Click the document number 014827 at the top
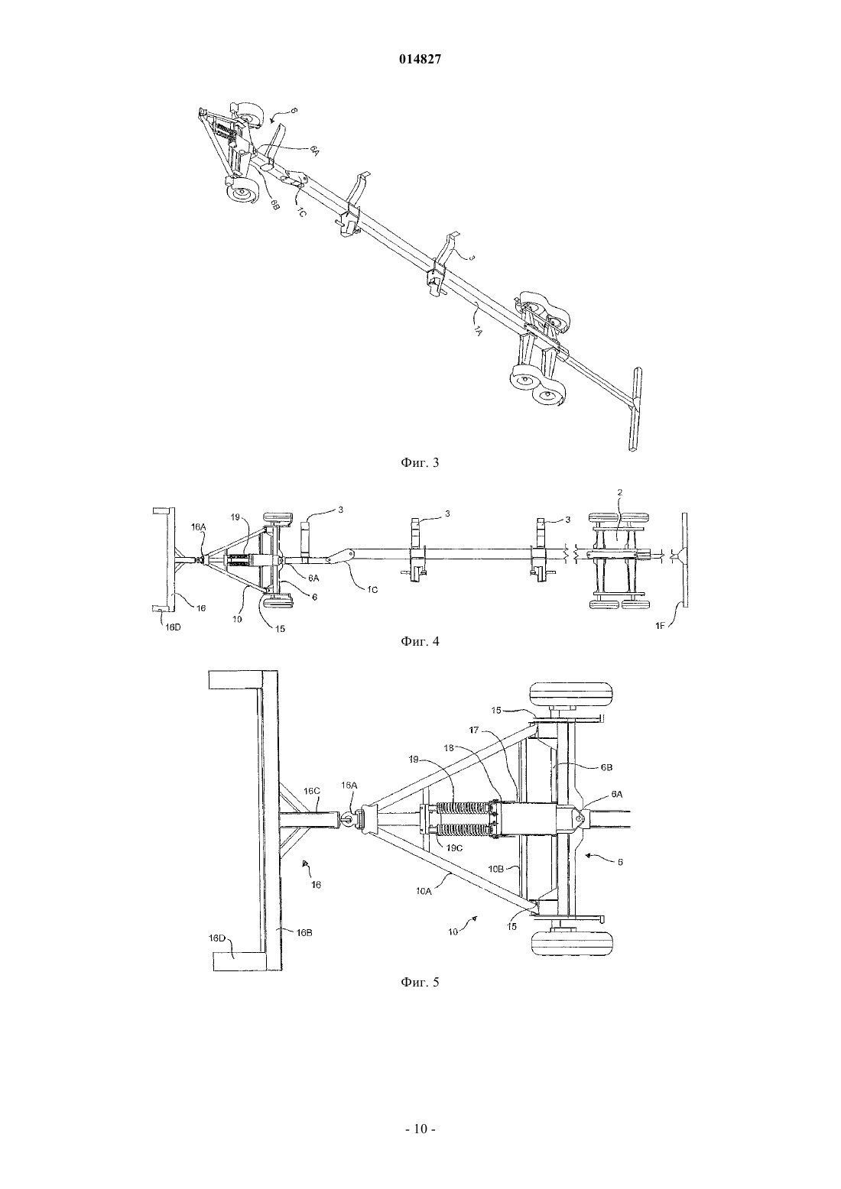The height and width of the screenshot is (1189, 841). coord(420,60)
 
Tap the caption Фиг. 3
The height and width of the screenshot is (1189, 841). coord(420,462)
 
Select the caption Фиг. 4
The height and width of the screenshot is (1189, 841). coord(420,641)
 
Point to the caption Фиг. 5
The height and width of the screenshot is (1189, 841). coord(420,982)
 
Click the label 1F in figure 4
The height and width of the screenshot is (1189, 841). coord(659,626)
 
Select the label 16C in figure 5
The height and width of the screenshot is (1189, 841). coord(312,790)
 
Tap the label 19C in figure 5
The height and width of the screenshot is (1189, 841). coord(453,848)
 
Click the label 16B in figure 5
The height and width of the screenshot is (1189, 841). coord(304,932)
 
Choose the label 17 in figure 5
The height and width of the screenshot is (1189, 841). coord(473,731)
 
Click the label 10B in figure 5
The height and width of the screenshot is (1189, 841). coord(496,869)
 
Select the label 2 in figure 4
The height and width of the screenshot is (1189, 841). coord(619,492)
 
